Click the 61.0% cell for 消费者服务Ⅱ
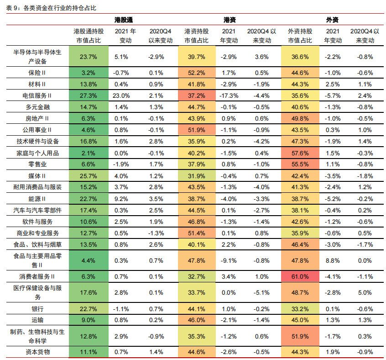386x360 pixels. click(x=300, y=276)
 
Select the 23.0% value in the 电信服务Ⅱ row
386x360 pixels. click(x=122, y=95)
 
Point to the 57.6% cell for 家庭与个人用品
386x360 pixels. click(x=300, y=153)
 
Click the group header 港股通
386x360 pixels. click(x=123, y=20)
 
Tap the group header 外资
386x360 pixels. click(x=332, y=20)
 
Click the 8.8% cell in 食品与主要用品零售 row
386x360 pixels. click(x=333, y=261)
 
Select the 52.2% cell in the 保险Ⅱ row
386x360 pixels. click(x=197, y=73)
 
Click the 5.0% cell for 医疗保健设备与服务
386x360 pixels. click(x=365, y=292)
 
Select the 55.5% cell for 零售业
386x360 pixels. click(x=300, y=164)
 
